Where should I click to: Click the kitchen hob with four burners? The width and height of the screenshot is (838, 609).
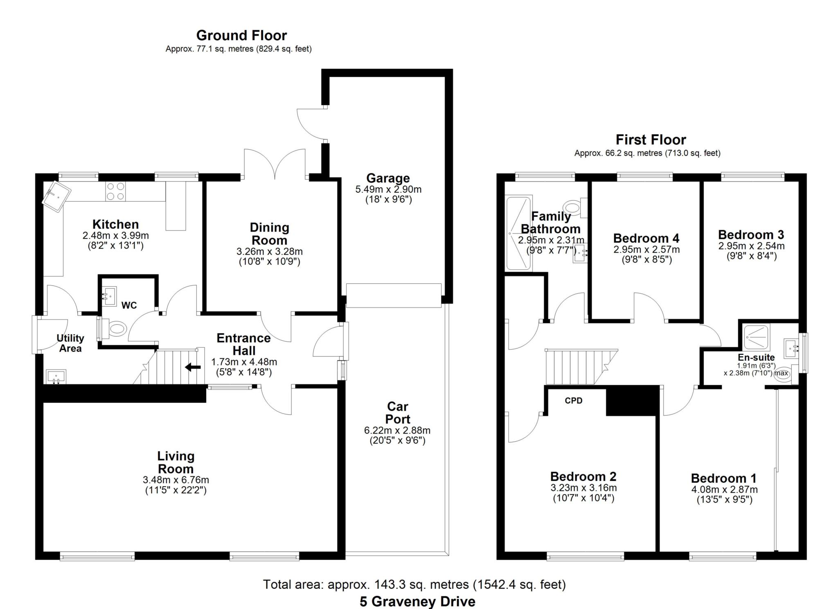pos(115,191)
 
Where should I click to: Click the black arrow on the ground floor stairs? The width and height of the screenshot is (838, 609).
pos(193,367)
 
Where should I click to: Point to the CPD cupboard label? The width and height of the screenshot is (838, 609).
pos(573,401)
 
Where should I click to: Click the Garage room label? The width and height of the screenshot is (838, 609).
pos(388,178)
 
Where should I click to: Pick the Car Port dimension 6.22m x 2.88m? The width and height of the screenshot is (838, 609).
pos(397,430)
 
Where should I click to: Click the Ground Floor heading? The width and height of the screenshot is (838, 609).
pos(241,36)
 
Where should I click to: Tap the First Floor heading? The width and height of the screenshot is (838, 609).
pos(651,140)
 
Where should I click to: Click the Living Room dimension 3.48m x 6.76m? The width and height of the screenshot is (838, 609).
pos(176,480)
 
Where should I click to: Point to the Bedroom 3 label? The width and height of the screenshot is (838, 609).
pos(751,235)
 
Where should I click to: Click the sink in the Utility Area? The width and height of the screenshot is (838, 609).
pos(56,376)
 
